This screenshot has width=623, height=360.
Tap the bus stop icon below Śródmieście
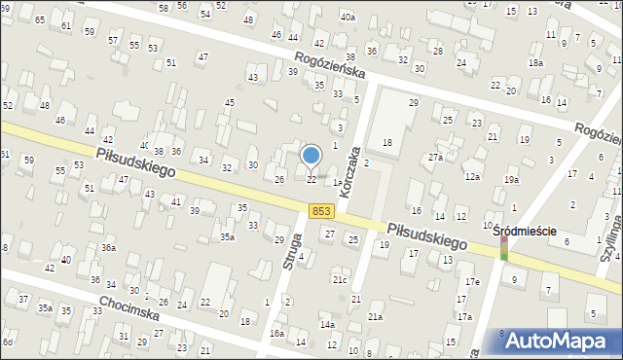[504, 249]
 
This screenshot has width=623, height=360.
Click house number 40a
[348, 18]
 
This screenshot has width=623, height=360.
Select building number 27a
[435, 157]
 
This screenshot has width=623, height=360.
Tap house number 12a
[472, 176]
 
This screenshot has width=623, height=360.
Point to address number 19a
[512, 179]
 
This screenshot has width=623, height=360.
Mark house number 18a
[535, 62]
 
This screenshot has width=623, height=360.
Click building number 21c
[339, 280]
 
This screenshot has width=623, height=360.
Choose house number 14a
[328, 324]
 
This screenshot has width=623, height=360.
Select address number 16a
[277, 333]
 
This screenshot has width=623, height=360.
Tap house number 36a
[109, 248]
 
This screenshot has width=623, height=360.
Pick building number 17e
[472, 282]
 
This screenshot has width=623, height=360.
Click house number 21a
[375, 316]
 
